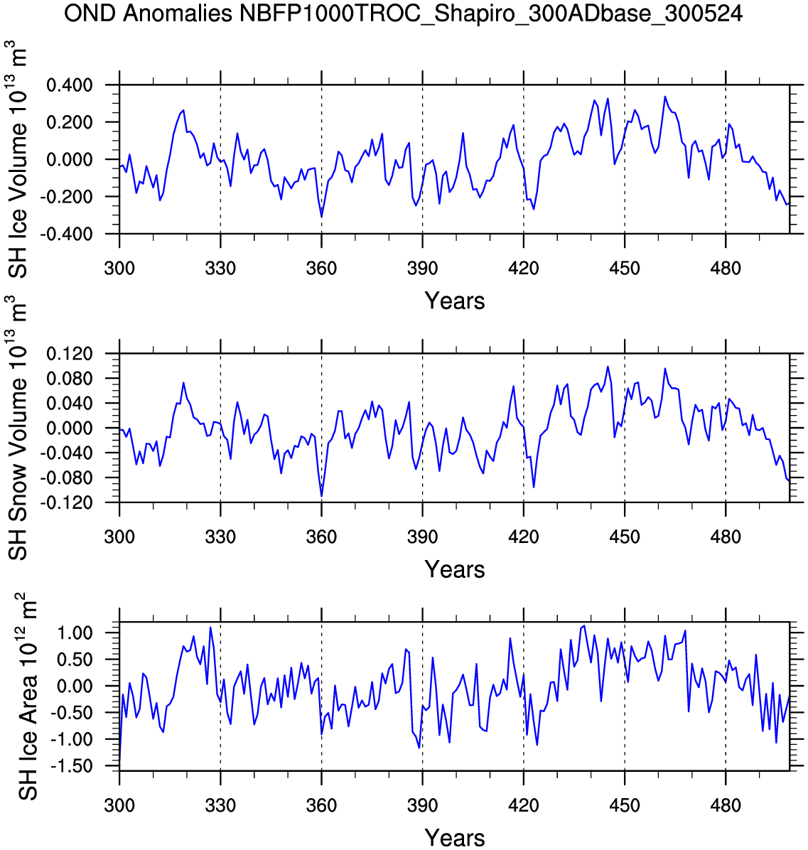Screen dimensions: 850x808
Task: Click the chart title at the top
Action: [x=404, y=14]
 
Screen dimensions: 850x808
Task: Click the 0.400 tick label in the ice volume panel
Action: [x=70, y=85]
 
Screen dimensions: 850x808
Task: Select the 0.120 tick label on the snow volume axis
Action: [x=70, y=354]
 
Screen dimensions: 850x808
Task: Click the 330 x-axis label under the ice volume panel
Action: [x=220, y=269]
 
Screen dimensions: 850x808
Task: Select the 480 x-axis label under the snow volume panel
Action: [x=725, y=537]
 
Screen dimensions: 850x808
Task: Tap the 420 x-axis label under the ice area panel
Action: [x=523, y=806]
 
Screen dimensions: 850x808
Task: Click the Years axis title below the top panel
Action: [x=455, y=301]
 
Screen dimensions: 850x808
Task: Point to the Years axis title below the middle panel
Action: [x=455, y=569]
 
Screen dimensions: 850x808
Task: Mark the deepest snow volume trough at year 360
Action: [x=322, y=495]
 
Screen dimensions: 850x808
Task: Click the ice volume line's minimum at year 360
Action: [x=322, y=217]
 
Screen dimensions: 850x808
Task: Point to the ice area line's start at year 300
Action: [x=119, y=765]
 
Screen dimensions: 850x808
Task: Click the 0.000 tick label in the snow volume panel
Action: [x=70, y=429]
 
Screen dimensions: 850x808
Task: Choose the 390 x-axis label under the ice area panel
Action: [x=422, y=806]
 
